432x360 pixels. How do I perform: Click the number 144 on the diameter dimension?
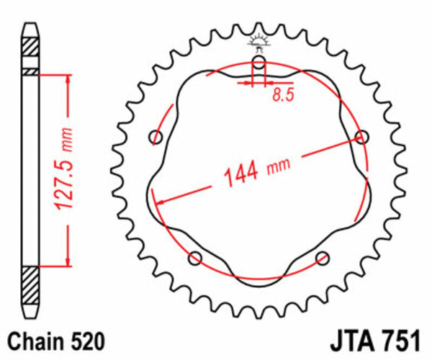pos(238,174)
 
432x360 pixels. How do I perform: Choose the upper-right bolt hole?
pos(361,137)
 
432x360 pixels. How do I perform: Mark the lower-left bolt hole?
pos(194,258)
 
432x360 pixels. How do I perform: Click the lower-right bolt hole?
pos(322,257)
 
